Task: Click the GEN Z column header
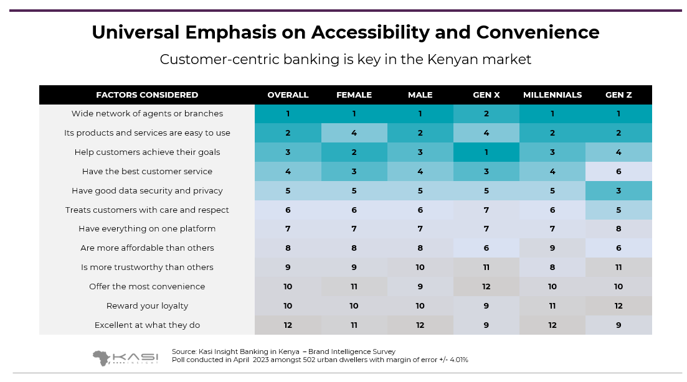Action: [618, 95]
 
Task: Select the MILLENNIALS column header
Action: [552, 95]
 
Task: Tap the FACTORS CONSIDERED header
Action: [147, 95]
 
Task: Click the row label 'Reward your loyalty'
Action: [147, 306]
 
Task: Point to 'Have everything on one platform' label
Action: [147, 229]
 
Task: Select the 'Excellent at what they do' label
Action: [147, 325]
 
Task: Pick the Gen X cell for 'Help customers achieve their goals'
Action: [486, 152]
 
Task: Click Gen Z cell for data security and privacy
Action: [618, 191]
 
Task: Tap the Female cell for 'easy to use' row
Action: [354, 133]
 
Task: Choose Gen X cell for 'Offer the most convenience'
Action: [486, 287]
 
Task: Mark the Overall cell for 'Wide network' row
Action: [288, 114]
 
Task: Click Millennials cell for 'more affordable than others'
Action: [552, 248]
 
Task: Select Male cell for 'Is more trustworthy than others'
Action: [420, 268]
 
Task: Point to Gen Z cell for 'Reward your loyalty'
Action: [618, 306]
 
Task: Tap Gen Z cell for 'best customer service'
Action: [618, 172]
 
